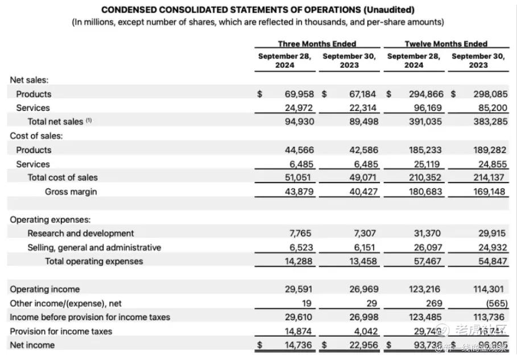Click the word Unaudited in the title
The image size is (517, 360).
[x=390, y=10]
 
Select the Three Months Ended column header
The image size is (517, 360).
[x=317, y=44]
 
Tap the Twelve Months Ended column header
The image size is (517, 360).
[x=446, y=44]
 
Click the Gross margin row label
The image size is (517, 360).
[x=71, y=192]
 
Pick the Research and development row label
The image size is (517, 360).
[x=81, y=233]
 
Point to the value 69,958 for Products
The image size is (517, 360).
[x=299, y=94]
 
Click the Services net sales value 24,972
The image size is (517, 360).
[x=299, y=107]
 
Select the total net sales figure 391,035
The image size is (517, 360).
[x=425, y=121]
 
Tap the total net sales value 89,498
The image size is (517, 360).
[x=363, y=121]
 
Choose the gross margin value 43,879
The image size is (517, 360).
[x=299, y=192]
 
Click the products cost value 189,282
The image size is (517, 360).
[x=491, y=150]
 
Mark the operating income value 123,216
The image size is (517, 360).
[x=425, y=289]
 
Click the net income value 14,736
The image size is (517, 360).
[x=299, y=345]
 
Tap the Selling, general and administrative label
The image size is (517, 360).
[x=94, y=247]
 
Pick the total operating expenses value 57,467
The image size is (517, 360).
[x=428, y=261]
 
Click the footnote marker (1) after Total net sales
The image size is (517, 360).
[x=88, y=121]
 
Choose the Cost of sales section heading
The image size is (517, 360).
[x=36, y=136]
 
